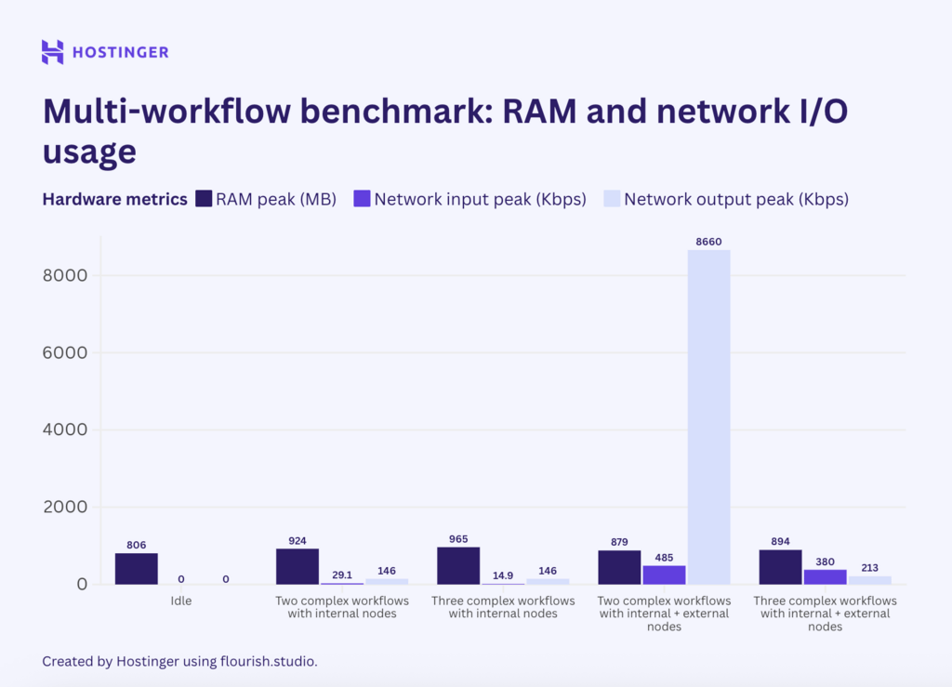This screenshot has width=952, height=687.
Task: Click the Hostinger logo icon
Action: [x=52, y=52]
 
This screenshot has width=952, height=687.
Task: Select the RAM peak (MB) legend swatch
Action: [x=204, y=199]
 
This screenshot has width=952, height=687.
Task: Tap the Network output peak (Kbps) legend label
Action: [x=735, y=199]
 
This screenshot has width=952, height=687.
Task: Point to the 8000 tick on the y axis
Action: [x=67, y=276]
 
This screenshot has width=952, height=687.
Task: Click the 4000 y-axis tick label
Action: [x=67, y=430]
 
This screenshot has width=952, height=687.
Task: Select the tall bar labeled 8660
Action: [x=708, y=416]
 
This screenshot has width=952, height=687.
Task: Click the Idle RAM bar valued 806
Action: [x=137, y=569]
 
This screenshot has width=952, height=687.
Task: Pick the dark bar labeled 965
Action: [x=458, y=565]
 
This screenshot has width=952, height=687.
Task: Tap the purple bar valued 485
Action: [x=664, y=575]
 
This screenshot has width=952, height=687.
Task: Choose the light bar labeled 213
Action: [x=869, y=580]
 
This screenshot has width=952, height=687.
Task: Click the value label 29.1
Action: [x=342, y=575]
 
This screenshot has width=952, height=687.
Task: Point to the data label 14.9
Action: [x=503, y=575]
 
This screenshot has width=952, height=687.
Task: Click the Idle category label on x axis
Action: [x=181, y=601]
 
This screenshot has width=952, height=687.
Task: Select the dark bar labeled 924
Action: [x=297, y=566]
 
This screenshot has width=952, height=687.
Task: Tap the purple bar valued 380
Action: [x=825, y=576]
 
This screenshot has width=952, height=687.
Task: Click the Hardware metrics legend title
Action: [x=114, y=199]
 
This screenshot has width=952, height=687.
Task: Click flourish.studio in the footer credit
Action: [x=270, y=661]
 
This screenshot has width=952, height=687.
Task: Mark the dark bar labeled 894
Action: [x=780, y=567]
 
